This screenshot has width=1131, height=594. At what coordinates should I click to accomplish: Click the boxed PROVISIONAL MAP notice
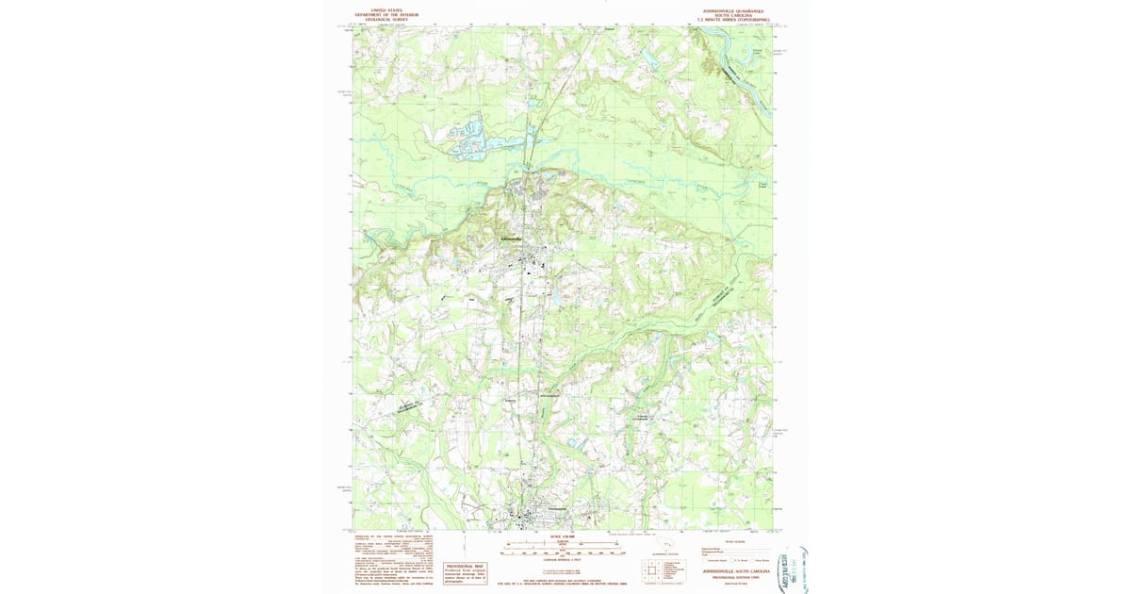click(465, 571)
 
